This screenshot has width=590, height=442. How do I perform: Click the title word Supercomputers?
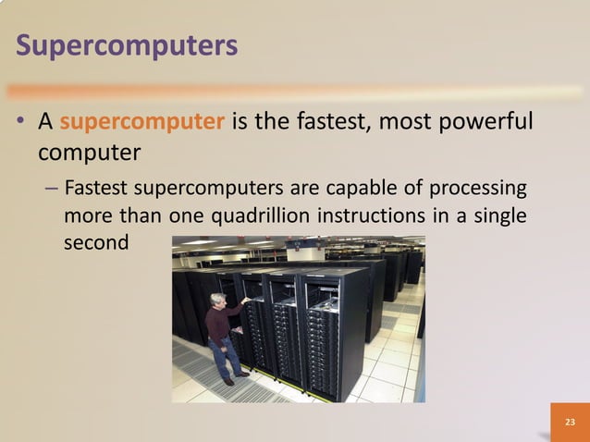[x=128, y=44]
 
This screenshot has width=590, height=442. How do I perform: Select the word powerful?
[x=486, y=123]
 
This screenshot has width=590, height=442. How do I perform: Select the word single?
[x=500, y=217]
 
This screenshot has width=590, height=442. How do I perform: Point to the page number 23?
[x=569, y=422]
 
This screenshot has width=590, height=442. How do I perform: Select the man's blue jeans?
[x=222, y=356]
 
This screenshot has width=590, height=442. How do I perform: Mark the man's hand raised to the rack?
[x=245, y=300]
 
